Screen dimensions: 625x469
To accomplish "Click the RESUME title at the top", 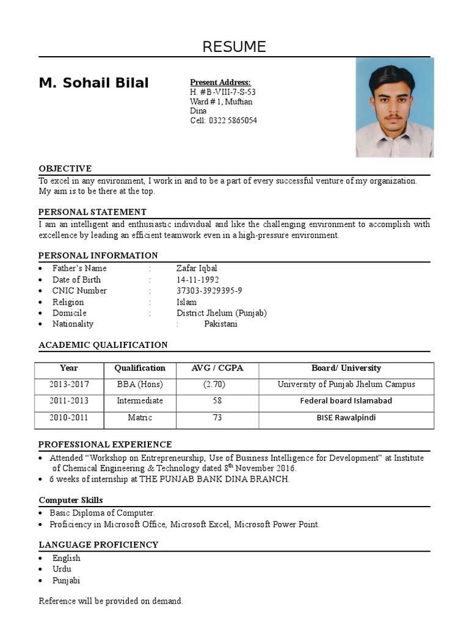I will tap(234, 47).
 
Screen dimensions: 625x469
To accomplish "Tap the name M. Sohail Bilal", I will tap(93, 83).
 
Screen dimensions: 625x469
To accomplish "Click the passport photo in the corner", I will tap(394, 107).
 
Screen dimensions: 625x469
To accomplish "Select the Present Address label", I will tap(220, 82).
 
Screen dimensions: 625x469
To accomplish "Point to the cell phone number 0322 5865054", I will tap(233, 121).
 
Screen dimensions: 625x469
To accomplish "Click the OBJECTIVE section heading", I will tap(65, 168).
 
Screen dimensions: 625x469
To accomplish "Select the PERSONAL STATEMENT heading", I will tap(92, 212).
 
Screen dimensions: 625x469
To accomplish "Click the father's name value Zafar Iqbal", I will tap(197, 269).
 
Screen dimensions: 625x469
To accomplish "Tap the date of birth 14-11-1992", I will tap(197, 280).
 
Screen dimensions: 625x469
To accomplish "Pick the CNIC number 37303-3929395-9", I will tap(209, 291).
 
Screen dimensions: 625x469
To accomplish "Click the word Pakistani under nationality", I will tap(220, 324).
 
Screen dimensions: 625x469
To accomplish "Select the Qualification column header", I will tap(140, 368).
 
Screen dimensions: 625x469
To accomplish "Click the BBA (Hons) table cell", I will tap(140, 385).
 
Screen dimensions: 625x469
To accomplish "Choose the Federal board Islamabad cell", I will tap(346, 401).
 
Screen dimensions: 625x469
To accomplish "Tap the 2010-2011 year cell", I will tap(69, 418).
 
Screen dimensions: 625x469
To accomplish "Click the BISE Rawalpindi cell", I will tap(346, 418).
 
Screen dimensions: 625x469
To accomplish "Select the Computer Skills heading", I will tap(71, 500).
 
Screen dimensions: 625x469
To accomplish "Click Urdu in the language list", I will tap(62, 569).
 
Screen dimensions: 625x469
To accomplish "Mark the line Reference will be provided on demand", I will tap(111, 601).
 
